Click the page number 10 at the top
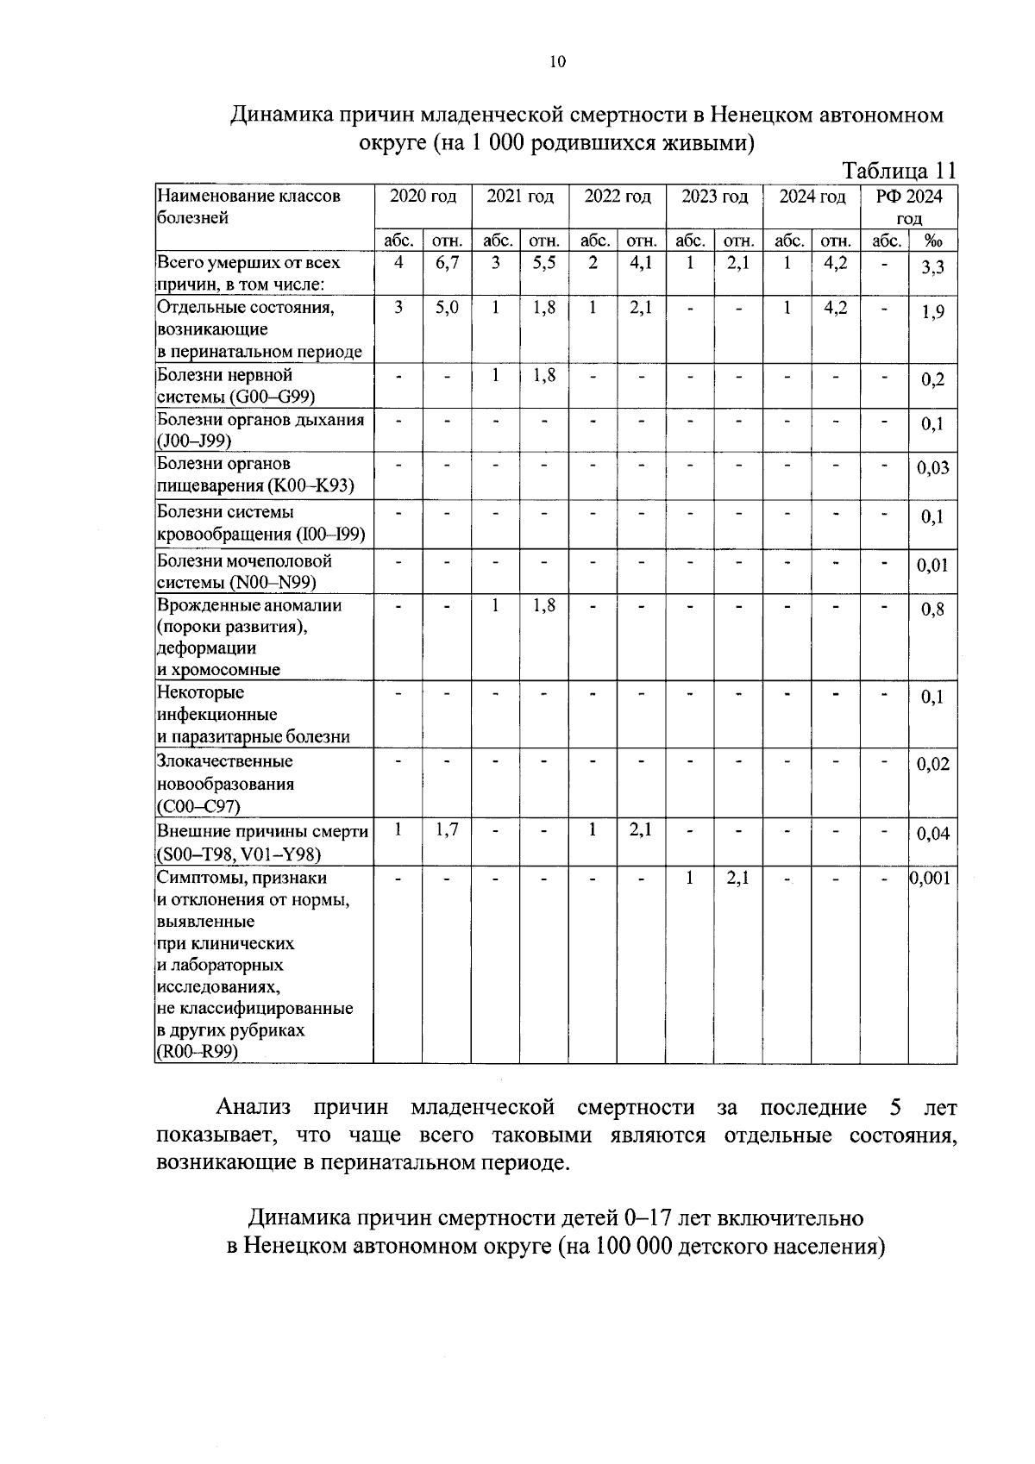557,61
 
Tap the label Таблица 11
899,170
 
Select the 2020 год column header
423,197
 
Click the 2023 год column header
714,197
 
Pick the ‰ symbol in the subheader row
932,241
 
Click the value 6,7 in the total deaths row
446,264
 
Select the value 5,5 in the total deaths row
543,264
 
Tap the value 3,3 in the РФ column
932,268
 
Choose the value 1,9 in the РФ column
932,313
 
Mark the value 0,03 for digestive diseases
932,468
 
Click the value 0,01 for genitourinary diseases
932,566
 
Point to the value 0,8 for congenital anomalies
932,610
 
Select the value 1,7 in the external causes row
446,830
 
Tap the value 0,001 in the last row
932,879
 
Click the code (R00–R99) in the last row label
198,1053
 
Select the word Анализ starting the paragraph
254,1108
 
